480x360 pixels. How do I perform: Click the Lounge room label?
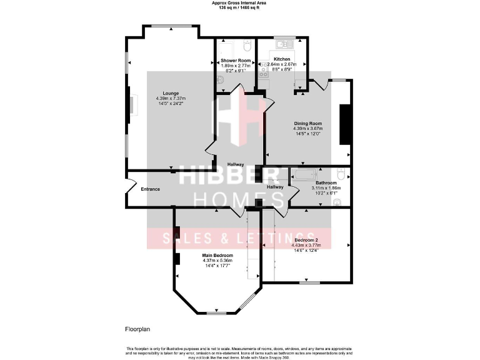point(171,93)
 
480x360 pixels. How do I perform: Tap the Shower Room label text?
point(236,60)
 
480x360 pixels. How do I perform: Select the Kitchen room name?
point(281,59)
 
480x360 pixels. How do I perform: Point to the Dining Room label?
point(307,123)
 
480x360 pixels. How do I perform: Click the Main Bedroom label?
point(217,256)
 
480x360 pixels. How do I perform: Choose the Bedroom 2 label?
point(307,240)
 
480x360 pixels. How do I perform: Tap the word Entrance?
point(151,189)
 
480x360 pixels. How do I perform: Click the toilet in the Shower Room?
point(247,46)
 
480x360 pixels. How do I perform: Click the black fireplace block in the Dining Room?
point(344,124)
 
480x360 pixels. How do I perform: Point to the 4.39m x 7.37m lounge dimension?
point(171,99)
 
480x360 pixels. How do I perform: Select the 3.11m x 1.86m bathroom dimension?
point(326,188)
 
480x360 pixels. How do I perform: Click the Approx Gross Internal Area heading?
point(240,4)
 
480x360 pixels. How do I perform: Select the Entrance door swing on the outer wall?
point(130,187)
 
